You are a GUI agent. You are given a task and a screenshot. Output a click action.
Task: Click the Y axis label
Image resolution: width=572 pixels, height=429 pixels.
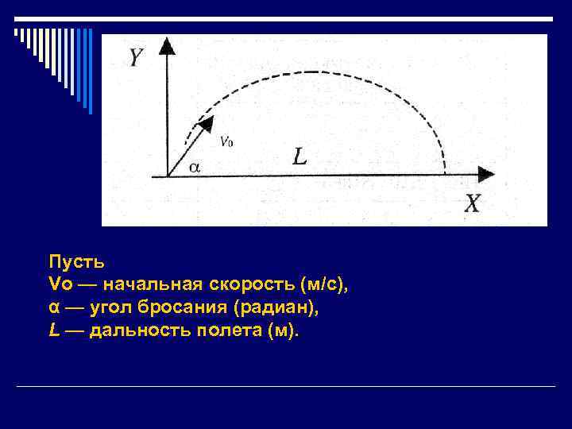pyautogui.click(x=137, y=56)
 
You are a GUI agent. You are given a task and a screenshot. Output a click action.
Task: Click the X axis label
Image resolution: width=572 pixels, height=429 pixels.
pyautogui.click(x=473, y=204)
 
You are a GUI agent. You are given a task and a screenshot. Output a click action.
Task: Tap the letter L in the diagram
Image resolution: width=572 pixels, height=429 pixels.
pyautogui.click(x=300, y=157)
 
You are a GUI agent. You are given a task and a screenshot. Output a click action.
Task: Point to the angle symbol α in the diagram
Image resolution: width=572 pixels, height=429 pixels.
pyautogui.click(x=195, y=167)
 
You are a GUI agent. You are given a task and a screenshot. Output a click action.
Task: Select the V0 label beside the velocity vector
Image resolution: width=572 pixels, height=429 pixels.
pyautogui.click(x=226, y=143)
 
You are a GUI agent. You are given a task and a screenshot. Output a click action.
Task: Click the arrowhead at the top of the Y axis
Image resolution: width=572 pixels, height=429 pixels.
pyautogui.click(x=167, y=45)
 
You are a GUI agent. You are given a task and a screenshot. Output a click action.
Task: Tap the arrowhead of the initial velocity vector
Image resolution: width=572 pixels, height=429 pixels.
pyautogui.click(x=207, y=124)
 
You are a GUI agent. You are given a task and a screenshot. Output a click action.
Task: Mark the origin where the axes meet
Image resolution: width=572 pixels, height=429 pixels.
pyautogui.click(x=167, y=175)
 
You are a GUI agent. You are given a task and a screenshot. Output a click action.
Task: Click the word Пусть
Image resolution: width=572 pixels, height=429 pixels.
pyautogui.click(x=71, y=261)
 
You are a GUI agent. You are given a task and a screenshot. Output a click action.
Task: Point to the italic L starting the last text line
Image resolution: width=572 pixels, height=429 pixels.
pyautogui.click(x=52, y=329)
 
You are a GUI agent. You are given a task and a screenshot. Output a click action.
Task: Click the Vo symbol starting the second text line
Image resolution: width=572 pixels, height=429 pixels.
pyautogui.click(x=59, y=284)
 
